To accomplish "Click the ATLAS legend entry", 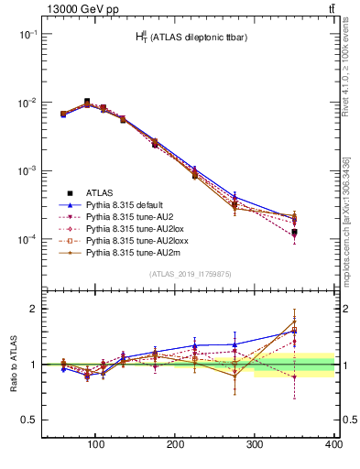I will [x=99, y=193].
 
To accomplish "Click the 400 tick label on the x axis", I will [x=333, y=444].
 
